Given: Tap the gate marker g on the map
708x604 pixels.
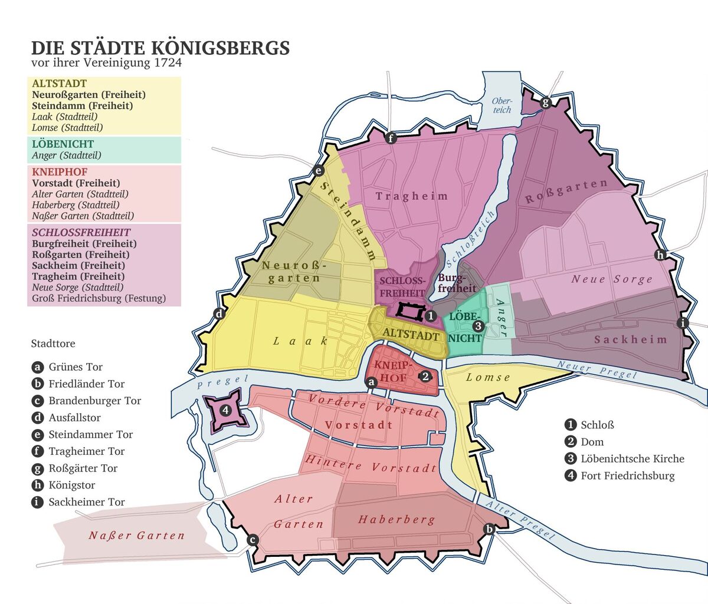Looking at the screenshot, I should tap(545, 103).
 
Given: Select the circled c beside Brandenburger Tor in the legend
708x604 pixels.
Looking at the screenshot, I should tap(38, 401).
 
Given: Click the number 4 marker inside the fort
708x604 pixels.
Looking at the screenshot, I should tap(225, 410).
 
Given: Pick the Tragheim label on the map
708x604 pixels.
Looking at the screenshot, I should tap(412, 196).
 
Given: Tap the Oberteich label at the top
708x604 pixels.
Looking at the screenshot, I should tap(502, 105).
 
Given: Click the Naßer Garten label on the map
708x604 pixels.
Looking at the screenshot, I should tap(136, 536).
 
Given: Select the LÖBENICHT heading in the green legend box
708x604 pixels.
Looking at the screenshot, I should tap(63, 144).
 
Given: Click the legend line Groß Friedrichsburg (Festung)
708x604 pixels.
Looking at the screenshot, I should tap(99, 299).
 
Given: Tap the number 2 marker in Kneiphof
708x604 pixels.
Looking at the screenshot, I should tap(426, 376).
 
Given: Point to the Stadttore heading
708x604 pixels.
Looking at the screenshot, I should tap(53, 344).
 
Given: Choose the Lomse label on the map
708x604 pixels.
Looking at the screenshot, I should tap(488, 378).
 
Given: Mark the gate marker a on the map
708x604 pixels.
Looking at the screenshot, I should tap(371, 382).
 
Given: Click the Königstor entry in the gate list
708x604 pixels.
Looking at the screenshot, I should tap(71, 486).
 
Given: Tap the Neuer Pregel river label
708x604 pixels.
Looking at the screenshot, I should tap(597, 371).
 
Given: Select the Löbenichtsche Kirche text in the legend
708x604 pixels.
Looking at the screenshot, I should tap(632, 459).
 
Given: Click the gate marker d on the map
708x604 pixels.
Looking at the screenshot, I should tap(219, 313).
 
